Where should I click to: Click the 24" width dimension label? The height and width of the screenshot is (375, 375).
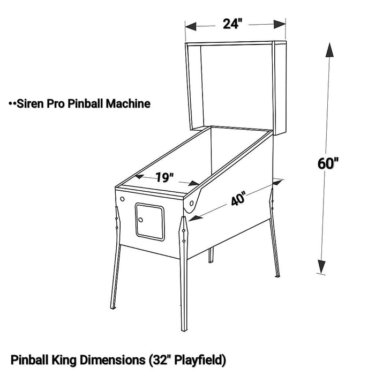tap(232, 24)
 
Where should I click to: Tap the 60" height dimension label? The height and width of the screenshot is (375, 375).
tap(328, 164)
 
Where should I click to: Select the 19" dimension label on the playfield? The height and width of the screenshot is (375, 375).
tap(164, 177)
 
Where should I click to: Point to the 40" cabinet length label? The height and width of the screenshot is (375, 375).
tap(238, 198)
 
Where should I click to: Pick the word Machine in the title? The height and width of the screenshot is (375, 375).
tap(128, 103)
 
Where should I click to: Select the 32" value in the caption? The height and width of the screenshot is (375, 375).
tap(160, 359)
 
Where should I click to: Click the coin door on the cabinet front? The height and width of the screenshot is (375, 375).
tap(149, 222)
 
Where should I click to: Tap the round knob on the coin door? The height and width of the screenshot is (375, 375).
tap(140, 220)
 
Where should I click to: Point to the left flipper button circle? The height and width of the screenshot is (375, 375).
tap(122, 199)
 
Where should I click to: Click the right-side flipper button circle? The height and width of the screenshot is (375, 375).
tap(192, 203)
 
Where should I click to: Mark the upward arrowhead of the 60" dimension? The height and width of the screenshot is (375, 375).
tap(329, 50)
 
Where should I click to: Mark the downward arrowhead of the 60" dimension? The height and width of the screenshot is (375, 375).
tap(321, 266)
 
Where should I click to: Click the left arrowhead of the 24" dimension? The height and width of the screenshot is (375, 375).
tap(191, 26)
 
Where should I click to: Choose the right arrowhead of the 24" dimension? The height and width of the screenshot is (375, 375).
tap(280, 24)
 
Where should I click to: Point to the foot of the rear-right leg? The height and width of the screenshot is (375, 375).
tap(277, 275)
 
